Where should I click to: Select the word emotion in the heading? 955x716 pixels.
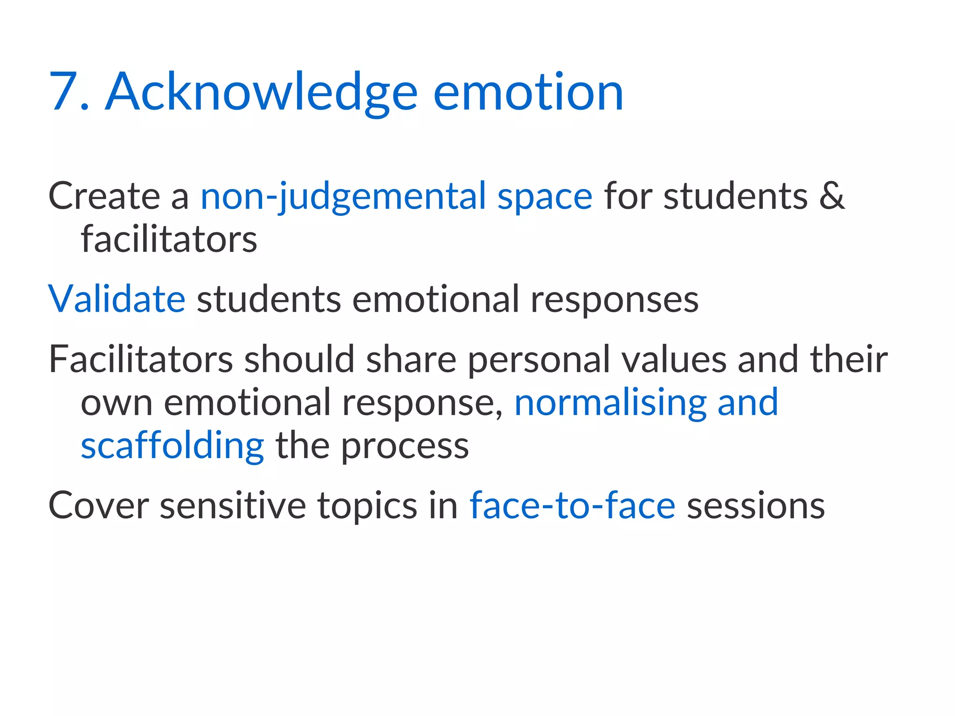point(528,92)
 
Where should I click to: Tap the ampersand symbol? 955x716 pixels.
point(831,196)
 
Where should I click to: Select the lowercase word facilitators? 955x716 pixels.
point(169,239)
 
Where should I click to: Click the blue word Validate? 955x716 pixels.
point(117,299)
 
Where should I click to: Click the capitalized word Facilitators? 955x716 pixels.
point(141,359)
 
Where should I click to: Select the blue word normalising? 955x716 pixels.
point(610,403)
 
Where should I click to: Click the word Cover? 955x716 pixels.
point(98,506)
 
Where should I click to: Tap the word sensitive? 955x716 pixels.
point(233,506)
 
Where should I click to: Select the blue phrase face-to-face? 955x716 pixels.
point(572,506)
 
